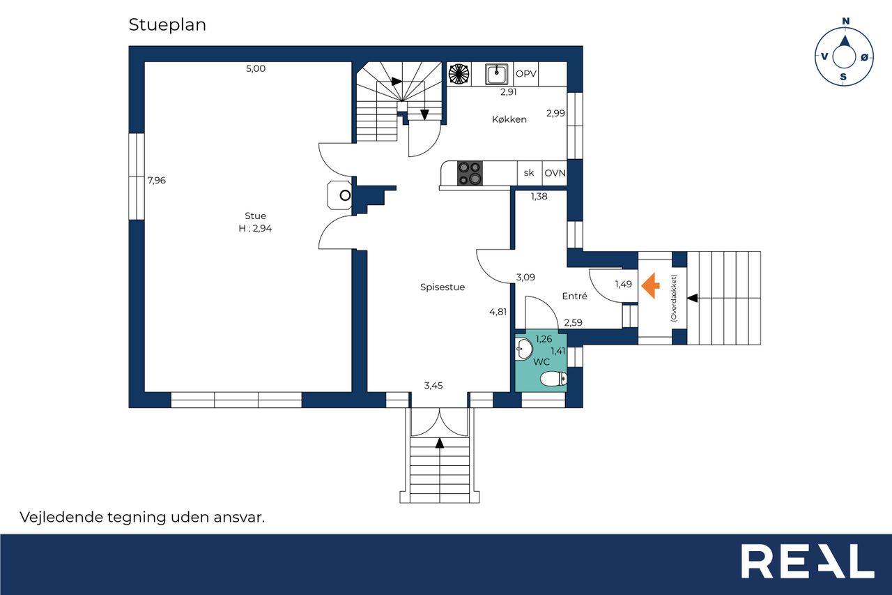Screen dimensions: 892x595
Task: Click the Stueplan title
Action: (x=167, y=25)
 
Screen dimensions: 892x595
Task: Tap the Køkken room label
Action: (x=509, y=119)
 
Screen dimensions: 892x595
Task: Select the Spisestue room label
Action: (x=443, y=287)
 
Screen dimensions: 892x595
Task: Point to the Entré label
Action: (x=575, y=296)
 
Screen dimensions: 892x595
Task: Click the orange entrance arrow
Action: (x=650, y=285)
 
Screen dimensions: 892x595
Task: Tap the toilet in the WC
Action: (x=553, y=379)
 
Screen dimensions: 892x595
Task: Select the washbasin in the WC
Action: (x=523, y=349)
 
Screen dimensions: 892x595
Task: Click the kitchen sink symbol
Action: (x=497, y=74)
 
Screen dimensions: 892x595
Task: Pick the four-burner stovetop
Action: (x=470, y=173)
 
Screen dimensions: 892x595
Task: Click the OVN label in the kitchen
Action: (x=555, y=173)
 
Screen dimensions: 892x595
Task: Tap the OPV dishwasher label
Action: (x=526, y=74)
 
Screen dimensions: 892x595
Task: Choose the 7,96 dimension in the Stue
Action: (x=157, y=181)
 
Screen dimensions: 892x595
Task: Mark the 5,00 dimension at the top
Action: (x=256, y=68)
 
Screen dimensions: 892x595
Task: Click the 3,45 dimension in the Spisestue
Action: (x=433, y=385)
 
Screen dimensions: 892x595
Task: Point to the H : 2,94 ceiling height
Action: (x=255, y=228)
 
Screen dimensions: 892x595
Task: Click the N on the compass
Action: (x=846, y=21)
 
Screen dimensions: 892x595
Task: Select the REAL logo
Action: (x=808, y=561)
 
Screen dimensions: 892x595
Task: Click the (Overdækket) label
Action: (x=674, y=298)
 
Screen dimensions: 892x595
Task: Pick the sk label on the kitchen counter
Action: (x=529, y=173)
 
